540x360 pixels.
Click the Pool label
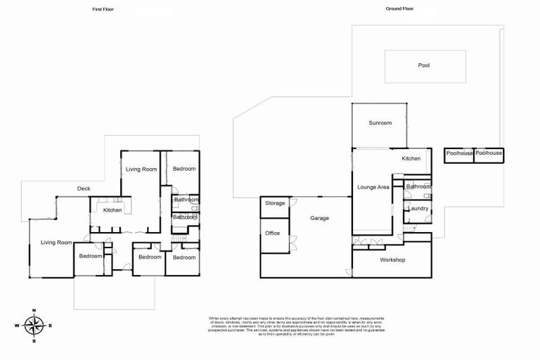click(423, 65)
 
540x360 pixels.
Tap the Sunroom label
click(380, 123)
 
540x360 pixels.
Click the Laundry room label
click(418, 209)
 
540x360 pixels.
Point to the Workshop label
click(392, 259)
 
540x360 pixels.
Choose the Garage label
click(320, 218)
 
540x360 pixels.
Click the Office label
click(273, 233)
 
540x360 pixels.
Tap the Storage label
click(275, 203)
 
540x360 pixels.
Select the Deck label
click(84, 188)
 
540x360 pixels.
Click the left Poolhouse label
click(458, 153)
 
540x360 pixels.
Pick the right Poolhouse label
click(489, 153)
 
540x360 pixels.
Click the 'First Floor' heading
click(103, 9)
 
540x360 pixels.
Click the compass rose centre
click(34, 326)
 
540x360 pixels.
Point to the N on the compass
click(34, 310)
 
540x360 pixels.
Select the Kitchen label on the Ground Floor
click(411, 159)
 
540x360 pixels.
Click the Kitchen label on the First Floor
click(112, 210)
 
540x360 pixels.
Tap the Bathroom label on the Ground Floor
click(418, 186)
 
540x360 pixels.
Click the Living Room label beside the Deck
click(141, 169)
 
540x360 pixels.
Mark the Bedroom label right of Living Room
click(184, 169)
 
